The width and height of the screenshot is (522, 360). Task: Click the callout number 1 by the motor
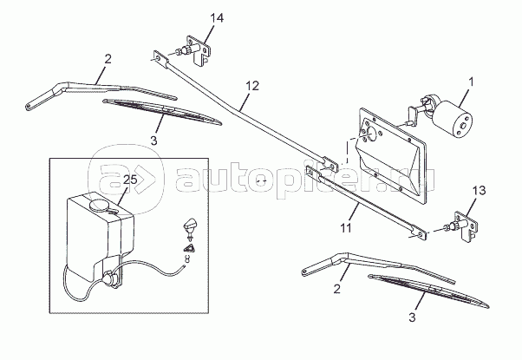470,84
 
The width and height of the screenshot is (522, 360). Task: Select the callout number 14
217,18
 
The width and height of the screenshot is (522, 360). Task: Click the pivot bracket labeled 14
197,51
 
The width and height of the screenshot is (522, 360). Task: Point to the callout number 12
251,86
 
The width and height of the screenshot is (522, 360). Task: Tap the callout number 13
478,191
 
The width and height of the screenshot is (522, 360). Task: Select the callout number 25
131,180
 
